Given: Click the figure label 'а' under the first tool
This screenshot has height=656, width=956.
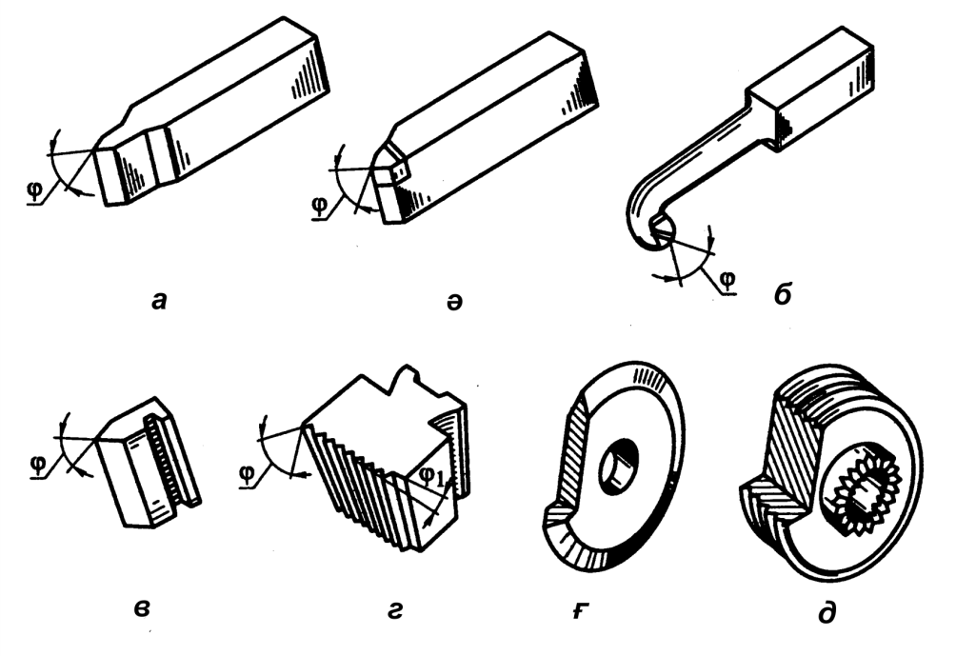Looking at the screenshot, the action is pos(158,300).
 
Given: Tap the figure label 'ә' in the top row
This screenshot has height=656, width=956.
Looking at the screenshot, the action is pos(454,302).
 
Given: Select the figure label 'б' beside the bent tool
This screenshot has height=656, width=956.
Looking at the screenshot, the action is pos(783,294).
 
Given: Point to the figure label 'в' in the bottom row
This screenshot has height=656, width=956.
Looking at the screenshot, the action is pos(142,607).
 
